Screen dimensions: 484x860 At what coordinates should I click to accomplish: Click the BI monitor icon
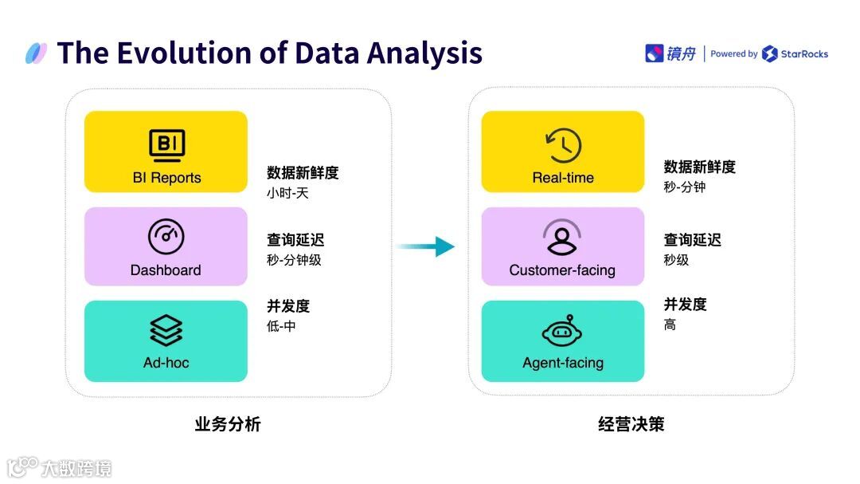pos(166,144)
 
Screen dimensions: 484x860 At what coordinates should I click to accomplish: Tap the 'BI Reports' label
pos(166,178)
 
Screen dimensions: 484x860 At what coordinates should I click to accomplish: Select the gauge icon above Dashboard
pos(166,236)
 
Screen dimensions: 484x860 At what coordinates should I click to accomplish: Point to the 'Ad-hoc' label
pos(166,363)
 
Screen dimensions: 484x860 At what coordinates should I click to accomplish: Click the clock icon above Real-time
pos(563,145)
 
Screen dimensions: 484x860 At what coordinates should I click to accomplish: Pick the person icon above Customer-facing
pos(562,238)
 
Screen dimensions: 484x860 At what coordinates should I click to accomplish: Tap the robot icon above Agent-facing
pos(563,331)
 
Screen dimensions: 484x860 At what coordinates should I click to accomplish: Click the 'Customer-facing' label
pos(562,270)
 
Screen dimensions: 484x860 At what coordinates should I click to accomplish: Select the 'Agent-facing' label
pos(563,363)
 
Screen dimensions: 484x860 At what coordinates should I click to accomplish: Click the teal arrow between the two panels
pos(427,246)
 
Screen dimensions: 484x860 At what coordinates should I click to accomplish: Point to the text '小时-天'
pos(287,192)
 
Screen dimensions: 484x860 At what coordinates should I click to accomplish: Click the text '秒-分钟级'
pos(294,259)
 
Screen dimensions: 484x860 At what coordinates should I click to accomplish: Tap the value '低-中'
pos(281,325)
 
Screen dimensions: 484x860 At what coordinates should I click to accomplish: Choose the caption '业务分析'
pos(228,424)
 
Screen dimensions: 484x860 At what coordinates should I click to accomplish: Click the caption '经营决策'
pos(631,424)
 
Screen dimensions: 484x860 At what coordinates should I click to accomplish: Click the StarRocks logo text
pos(803,54)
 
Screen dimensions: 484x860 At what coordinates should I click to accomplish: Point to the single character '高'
pos(670,325)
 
